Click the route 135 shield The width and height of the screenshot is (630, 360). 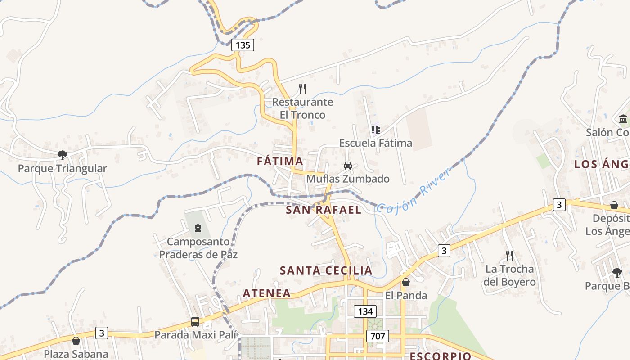click(243, 45)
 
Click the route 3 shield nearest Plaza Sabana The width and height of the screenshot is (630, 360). click(102, 333)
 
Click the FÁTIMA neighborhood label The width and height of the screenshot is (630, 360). click(279, 161)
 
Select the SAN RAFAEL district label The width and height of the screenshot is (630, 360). click(324, 210)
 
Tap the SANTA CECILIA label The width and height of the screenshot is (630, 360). click(326, 270)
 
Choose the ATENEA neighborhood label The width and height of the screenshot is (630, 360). click(266, 293)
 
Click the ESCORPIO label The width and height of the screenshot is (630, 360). click(440, 356)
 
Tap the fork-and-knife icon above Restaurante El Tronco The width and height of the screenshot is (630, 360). click(302, 89)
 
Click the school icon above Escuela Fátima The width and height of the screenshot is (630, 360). click(376, 130)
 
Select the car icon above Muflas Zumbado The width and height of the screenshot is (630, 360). click(348, 166)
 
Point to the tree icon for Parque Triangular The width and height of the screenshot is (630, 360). click(63, 155)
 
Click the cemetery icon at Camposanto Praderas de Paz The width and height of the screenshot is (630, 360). click(198, 228)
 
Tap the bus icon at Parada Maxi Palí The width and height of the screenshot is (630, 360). click(195, 322)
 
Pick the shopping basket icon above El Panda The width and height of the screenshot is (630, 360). click(406, 282)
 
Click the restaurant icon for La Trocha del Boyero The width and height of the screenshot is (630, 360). click(509, 256)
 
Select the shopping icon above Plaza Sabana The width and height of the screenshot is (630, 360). click(76, 341)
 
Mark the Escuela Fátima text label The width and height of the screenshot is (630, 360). click(375, 143)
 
